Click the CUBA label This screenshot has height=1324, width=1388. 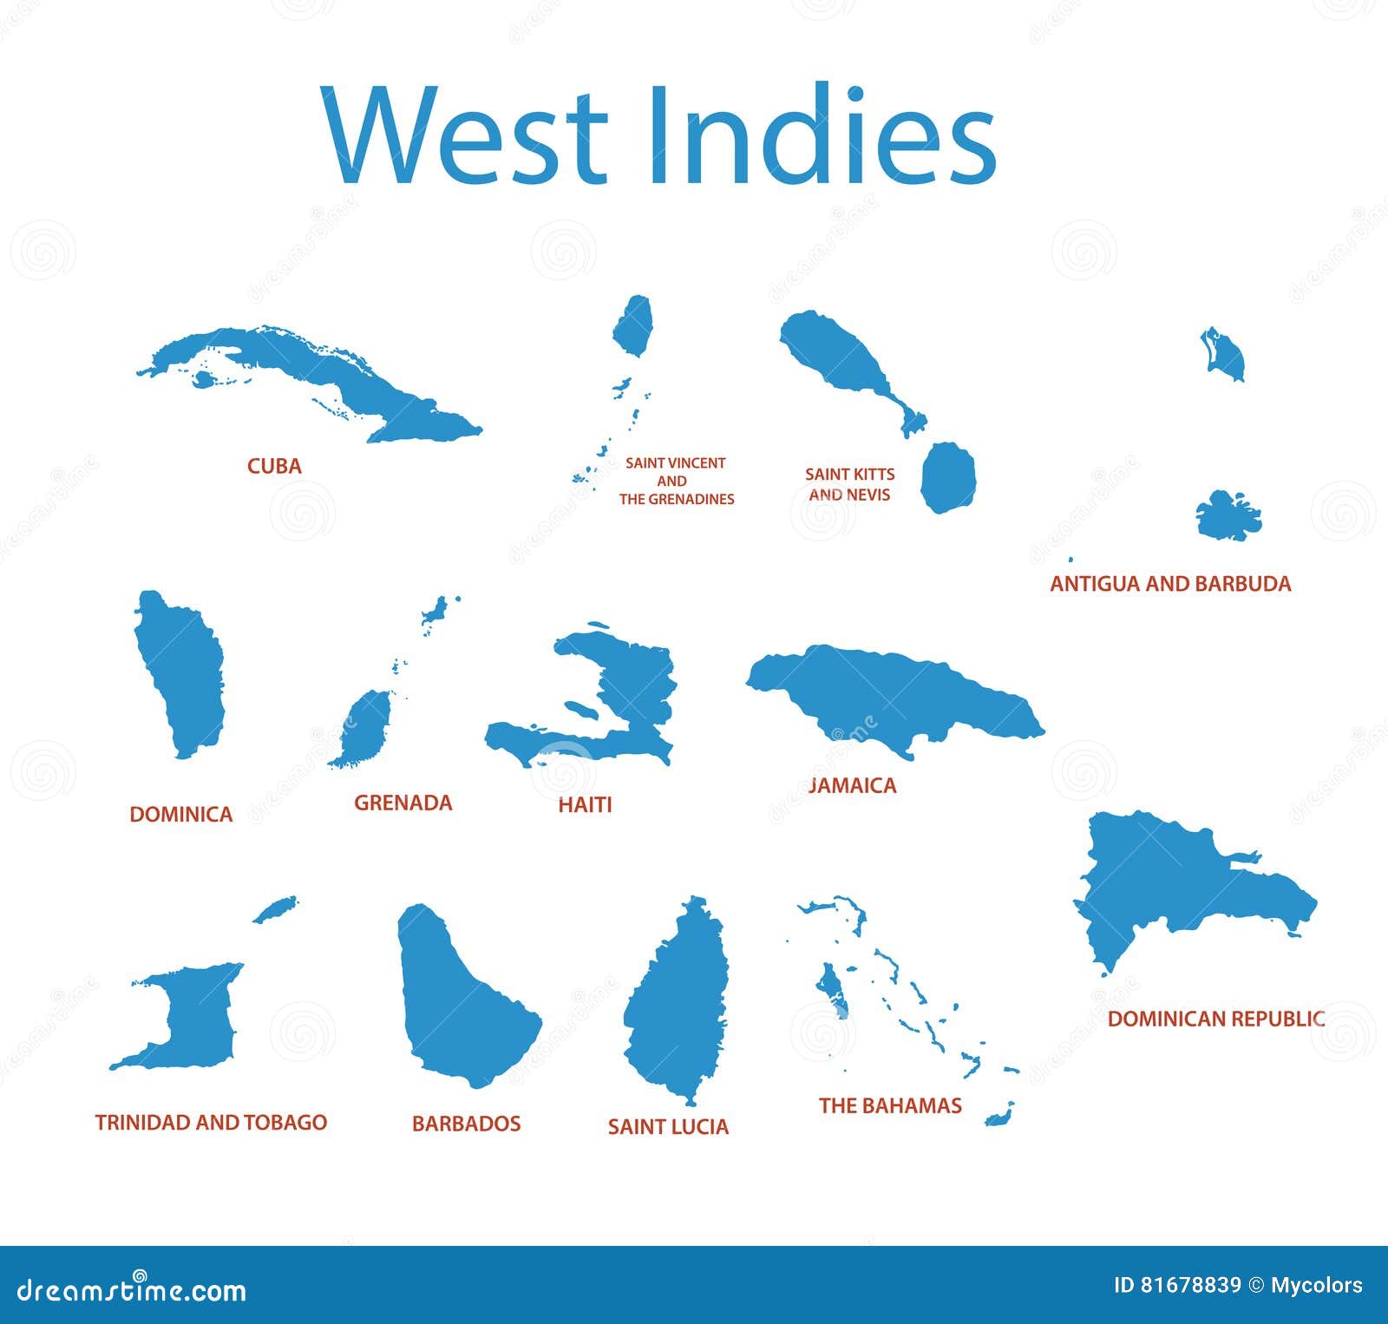(274, 466)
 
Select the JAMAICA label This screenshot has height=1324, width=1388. (852, 785)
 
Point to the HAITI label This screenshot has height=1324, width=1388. (585, 805)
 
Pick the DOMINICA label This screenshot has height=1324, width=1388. (180, 814)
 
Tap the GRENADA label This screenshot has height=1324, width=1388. (403, 803)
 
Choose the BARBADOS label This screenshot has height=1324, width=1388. (466, 1124)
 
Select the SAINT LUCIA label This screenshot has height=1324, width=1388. (668, 1126)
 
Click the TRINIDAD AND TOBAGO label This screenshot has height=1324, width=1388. (211, 1123)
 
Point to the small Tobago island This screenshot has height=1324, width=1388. (276, 909)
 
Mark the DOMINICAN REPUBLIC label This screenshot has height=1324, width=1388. (1215, 1019)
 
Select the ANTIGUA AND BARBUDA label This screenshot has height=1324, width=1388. (1170, 584)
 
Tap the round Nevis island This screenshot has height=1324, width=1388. (948, 477)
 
